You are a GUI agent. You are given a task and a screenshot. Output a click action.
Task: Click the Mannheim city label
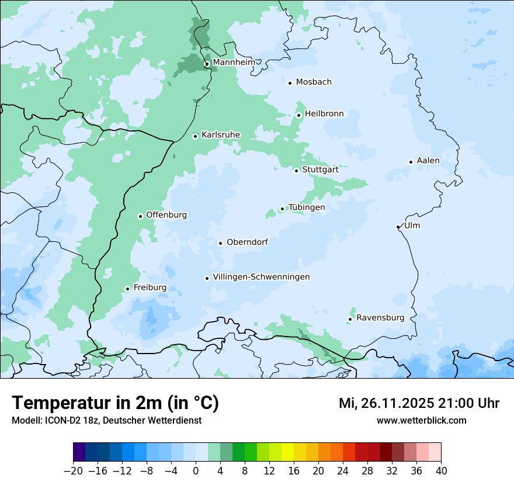pyautogui.click(x=234, y=63)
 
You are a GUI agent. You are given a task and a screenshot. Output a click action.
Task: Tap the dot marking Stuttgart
pyautogui.click(x=296, y=171)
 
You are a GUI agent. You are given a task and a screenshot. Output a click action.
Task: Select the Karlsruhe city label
pyautogui.click(x=220, y=135)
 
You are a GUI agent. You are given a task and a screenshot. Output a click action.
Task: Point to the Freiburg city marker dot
pyautogui.click(x=127, y=289)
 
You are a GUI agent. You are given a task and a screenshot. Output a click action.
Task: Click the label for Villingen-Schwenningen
pyautogui.click(x=261, y=277)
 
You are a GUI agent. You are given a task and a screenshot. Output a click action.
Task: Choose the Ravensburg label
pyautogui.click(x=380, y=318)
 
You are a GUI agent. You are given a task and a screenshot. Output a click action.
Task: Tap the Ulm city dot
pyautogui.click(x=398, y=227)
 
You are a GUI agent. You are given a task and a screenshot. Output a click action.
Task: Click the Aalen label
pyautogui.click(x=428, y=161)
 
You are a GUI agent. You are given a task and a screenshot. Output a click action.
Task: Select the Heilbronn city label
pyautogui.click(x=324, y=114)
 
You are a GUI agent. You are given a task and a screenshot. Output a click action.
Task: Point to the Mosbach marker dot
pyautogui.click(x=290, y=83)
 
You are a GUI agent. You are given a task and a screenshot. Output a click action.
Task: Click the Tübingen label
pyautogui.click(x=307, y=207)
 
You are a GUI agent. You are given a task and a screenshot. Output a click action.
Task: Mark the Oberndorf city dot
pyautogui.click(x=220, y=243)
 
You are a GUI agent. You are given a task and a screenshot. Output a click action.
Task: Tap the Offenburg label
pyautogui.click(x=166, y=215)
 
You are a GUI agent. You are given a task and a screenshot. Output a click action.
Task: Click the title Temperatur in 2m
pyautogui.click(x=115, y=403)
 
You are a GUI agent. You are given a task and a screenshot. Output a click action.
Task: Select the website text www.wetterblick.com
pyautogui.click(x=421, y=420)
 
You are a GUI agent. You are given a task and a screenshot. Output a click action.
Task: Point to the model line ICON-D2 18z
pyautogui.click(x=106, y=420)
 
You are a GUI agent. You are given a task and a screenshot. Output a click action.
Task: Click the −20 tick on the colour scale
pyautogui.click(x=73, y=471)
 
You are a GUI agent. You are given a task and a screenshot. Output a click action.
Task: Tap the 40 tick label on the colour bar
pyautogui.click(x=441, y=471)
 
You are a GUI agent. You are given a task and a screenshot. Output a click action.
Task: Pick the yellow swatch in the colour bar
pyautogui.click(x=287, y=452)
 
